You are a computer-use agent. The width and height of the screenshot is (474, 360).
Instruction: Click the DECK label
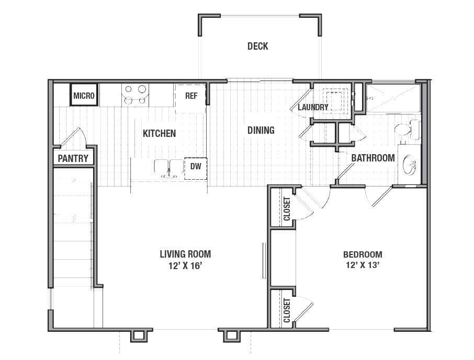click(257, 47)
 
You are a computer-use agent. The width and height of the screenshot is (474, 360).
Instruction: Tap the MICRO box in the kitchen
click(84, 96)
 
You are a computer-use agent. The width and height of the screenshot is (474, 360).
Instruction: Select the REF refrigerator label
click(191, 96)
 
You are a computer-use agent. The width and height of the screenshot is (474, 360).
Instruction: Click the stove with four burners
click(134, 95)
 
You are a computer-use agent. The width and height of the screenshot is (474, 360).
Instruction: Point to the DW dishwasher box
click(196, 167)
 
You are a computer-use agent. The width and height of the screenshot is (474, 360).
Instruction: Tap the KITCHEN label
click(159, 133)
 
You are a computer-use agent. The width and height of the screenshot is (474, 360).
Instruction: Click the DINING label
click(261, 130)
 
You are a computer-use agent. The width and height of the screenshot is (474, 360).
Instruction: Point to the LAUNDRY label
click(313, 108)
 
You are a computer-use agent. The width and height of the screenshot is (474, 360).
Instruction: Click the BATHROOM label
click(373, 158)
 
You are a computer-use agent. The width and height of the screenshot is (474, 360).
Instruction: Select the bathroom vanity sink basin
click(410, 167)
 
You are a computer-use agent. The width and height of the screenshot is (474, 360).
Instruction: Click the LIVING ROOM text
click(185, 254)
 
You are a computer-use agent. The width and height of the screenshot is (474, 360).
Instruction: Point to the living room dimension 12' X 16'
click(185, 265)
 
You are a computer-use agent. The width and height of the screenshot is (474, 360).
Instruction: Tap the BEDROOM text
click(362, 255)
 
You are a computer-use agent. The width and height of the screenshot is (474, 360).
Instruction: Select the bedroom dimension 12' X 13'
click(362, 265)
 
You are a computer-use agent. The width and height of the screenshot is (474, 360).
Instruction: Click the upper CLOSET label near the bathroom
click(287, 209)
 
